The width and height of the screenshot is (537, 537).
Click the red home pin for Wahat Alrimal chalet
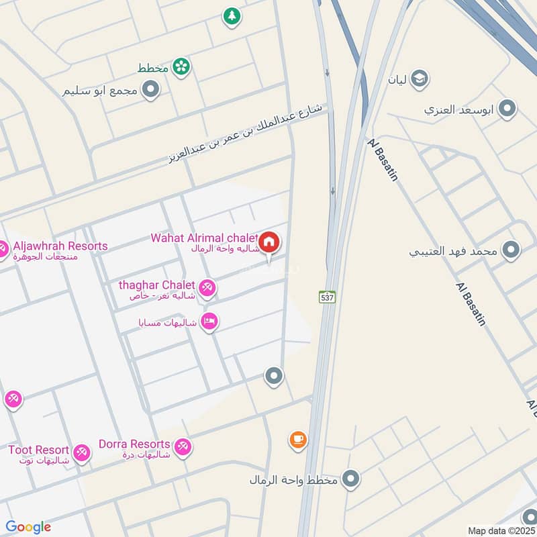[269, 242]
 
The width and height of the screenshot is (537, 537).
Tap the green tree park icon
[232, 16]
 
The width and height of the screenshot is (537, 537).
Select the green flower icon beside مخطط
[181, 66]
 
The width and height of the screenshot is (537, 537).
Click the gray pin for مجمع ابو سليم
[151, 89]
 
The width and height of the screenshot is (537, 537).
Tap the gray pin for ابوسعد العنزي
[508, 107]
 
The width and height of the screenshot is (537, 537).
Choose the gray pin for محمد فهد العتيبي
[511, 250]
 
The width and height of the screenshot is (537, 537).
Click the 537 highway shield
[326, 295]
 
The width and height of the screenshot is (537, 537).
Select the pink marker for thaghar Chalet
[207, 287]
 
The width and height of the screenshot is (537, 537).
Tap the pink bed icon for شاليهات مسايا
[209, 322]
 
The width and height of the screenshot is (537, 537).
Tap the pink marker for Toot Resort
[81, 452]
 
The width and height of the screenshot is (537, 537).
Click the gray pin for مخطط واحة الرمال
[350, 479]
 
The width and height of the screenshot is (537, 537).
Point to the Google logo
[28, 527]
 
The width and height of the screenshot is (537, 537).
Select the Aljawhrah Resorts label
[58, 246]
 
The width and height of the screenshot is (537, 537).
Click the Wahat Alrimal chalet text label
[203, 238]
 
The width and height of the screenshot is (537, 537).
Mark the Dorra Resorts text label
[134, 444]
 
